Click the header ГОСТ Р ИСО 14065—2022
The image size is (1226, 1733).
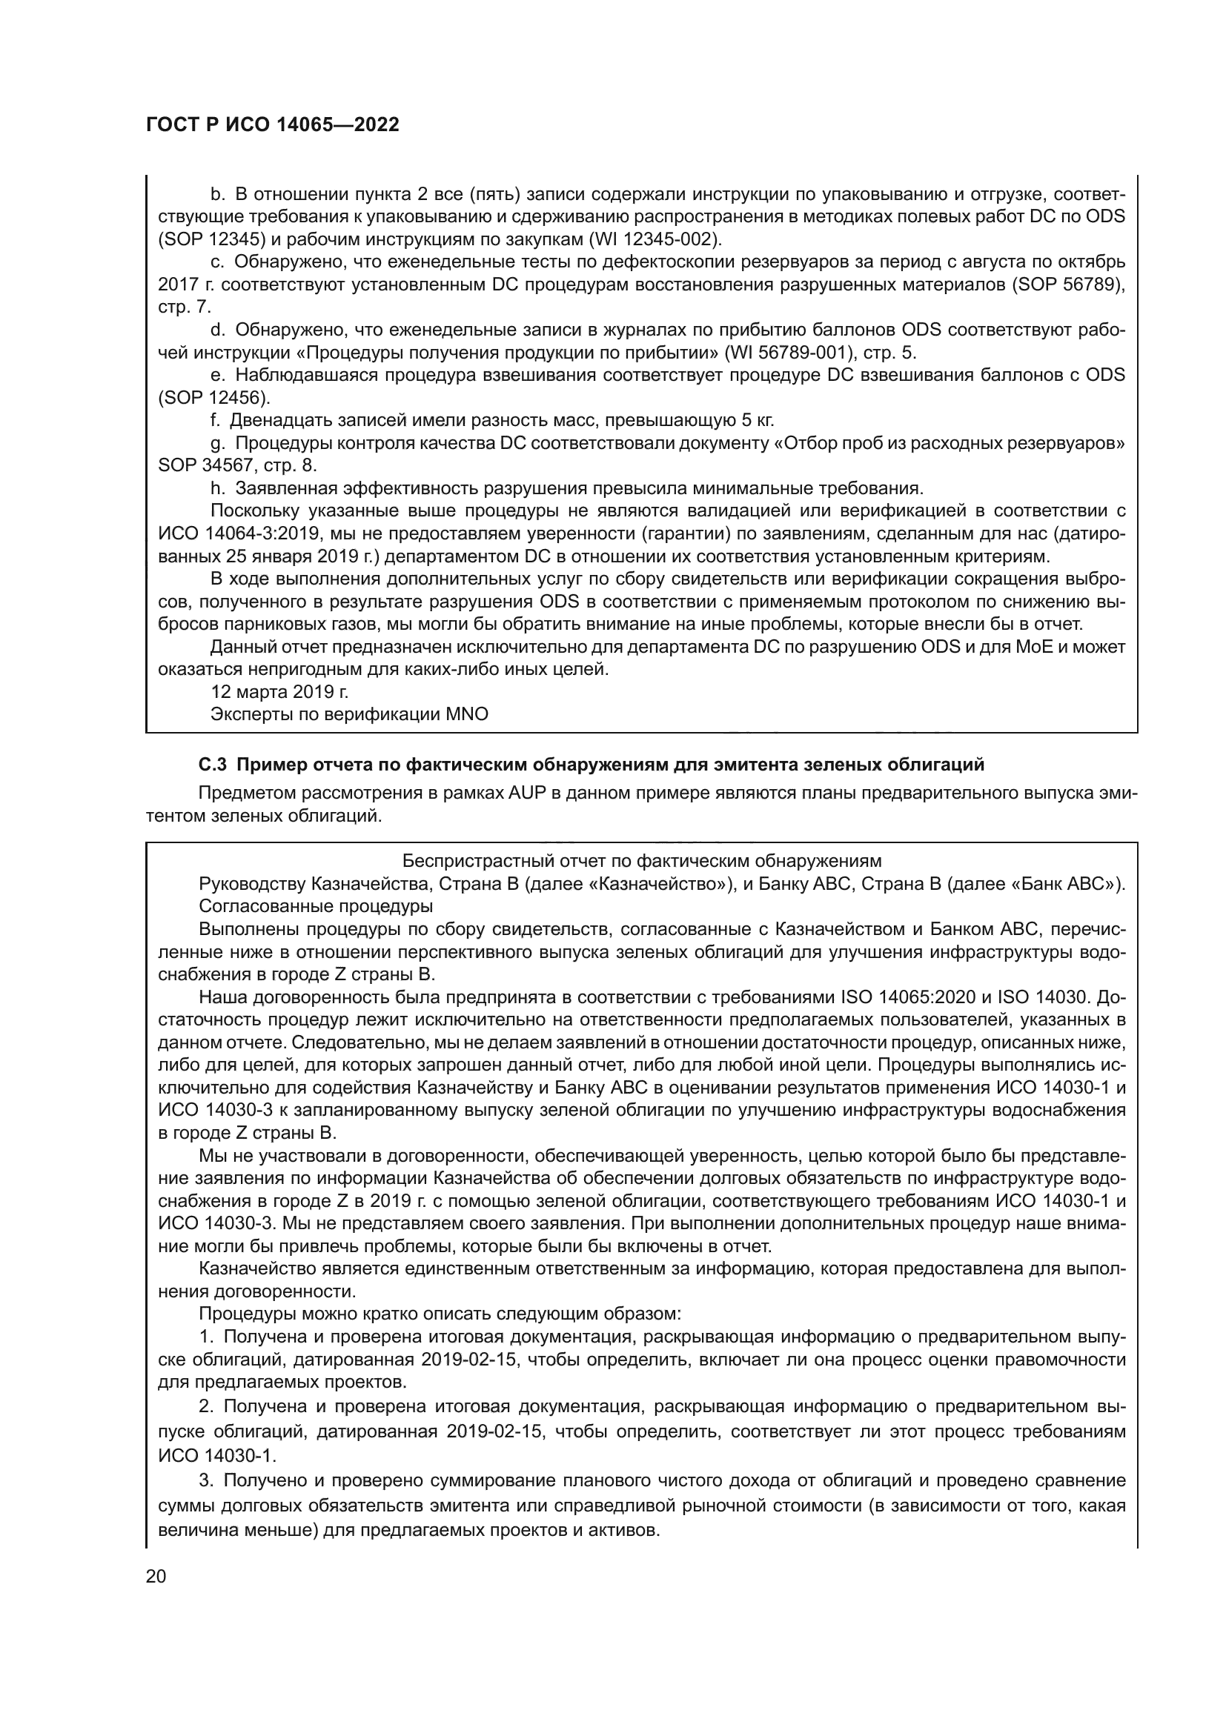click(x=272, y=125)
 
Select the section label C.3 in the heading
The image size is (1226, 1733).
click(x=212, y=765)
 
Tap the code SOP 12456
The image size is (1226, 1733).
click(x=213, y=398)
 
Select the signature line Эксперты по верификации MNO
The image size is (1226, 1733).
click(x=349, y=714)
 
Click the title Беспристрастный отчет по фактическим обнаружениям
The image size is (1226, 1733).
click(x=642, y=861)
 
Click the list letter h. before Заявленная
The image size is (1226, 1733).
click(x=218, y=488)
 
